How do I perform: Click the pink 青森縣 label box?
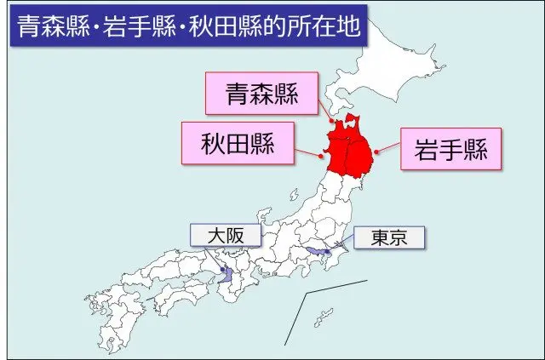point(261,95)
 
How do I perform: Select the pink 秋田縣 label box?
point(238,144)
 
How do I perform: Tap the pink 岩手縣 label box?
point(450,151)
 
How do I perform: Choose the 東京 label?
point(387,238)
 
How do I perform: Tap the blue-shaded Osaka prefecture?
point(225,275)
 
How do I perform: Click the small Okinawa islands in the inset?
point(322,317)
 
